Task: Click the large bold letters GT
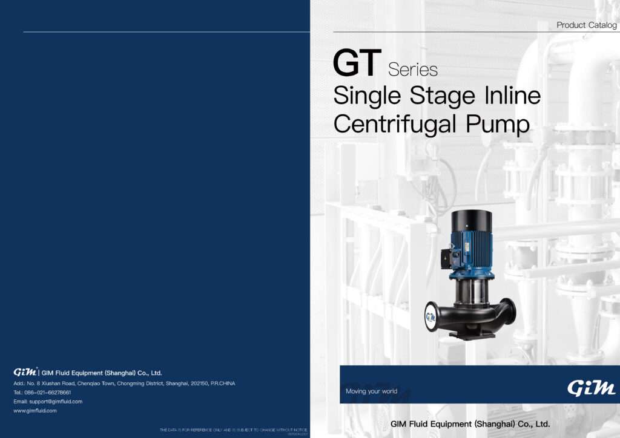coord(357,64)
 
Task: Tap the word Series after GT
coord(413,70)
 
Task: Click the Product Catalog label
coord(586,25)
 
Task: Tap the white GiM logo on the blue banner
coord(592,388)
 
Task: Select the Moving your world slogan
coord(371,391)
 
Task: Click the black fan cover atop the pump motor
coord(472,221)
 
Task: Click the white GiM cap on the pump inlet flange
coord(430,316)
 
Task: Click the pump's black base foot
coord(472,334)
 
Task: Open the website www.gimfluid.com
coord(35,411)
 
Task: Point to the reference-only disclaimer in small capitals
coord(233,430)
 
